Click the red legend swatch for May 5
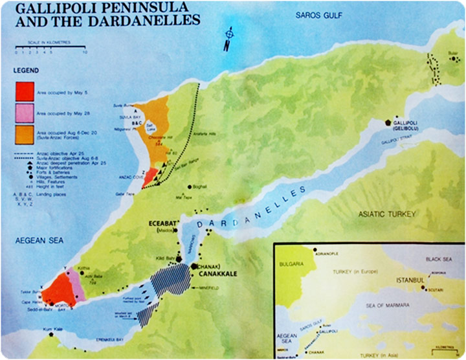pyautogui.click(x=25, y=91)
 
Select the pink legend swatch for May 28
pyautogui.click(x=25, y=113)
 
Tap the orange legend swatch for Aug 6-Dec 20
pyautogui.click(x=25, y=135)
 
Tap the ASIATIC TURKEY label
pyautogui.click(x=388, y=214)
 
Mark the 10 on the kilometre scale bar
pyautogui.click(x=84, y=52)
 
